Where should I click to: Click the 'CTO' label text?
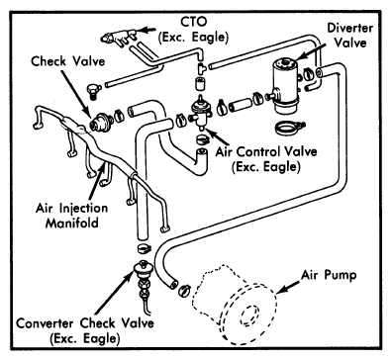[x=193, y=22]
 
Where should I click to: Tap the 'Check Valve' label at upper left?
[x=68, y=61]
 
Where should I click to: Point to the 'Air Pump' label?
[x=329, y=275]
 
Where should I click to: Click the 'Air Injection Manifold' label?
[x=72, y=216]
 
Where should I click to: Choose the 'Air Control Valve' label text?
[x=266, y=151]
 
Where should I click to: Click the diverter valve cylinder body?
[x=285, y=86]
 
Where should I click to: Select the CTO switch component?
[x=118, y=36]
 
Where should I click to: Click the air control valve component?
[x=200, y=114]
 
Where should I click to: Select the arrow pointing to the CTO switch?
[x=146, y=30]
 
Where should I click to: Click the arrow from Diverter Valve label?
[x=308, y=51]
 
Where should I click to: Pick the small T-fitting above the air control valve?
[x=200, y=67]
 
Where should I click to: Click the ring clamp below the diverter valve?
[x=289, y=128]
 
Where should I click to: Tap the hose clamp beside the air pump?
[x=185, y=291]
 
